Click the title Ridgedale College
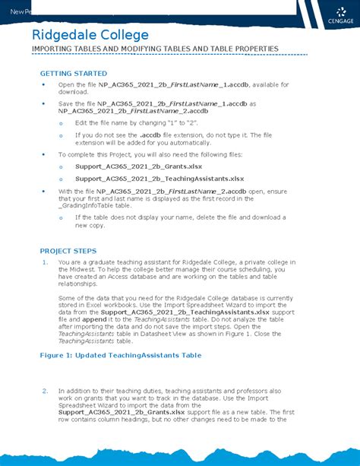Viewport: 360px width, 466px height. click(90, 35)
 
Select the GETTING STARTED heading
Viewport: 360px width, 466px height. click(73, 73)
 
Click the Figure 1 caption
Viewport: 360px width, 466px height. click(121, 355)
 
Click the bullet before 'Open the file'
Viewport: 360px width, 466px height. click(45, 84)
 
